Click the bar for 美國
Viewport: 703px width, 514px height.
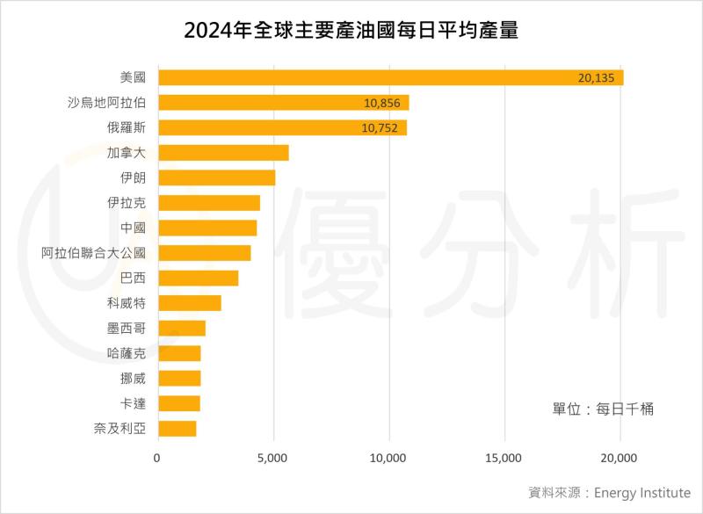click(390, 77)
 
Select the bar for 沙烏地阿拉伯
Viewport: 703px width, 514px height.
click(283, 103)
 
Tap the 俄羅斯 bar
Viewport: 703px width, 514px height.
click(282, 128)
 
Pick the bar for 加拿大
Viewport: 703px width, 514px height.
click(223, 153)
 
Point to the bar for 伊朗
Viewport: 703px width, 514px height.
click(216, 177)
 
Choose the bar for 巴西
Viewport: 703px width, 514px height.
click(198, 279)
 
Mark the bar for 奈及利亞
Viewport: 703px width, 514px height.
click(177, 429)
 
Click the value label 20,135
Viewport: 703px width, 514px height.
click(598, 77)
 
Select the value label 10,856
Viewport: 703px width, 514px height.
click(381, 103)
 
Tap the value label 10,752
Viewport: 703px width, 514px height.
click(380, 128)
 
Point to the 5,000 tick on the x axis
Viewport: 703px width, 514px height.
click(273, 458)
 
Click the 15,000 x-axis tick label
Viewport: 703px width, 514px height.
click(504, 458)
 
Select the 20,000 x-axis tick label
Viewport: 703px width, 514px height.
click(620, 458)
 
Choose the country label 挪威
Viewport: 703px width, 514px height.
click(132, 379)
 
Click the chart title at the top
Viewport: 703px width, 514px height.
click(351, 32)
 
